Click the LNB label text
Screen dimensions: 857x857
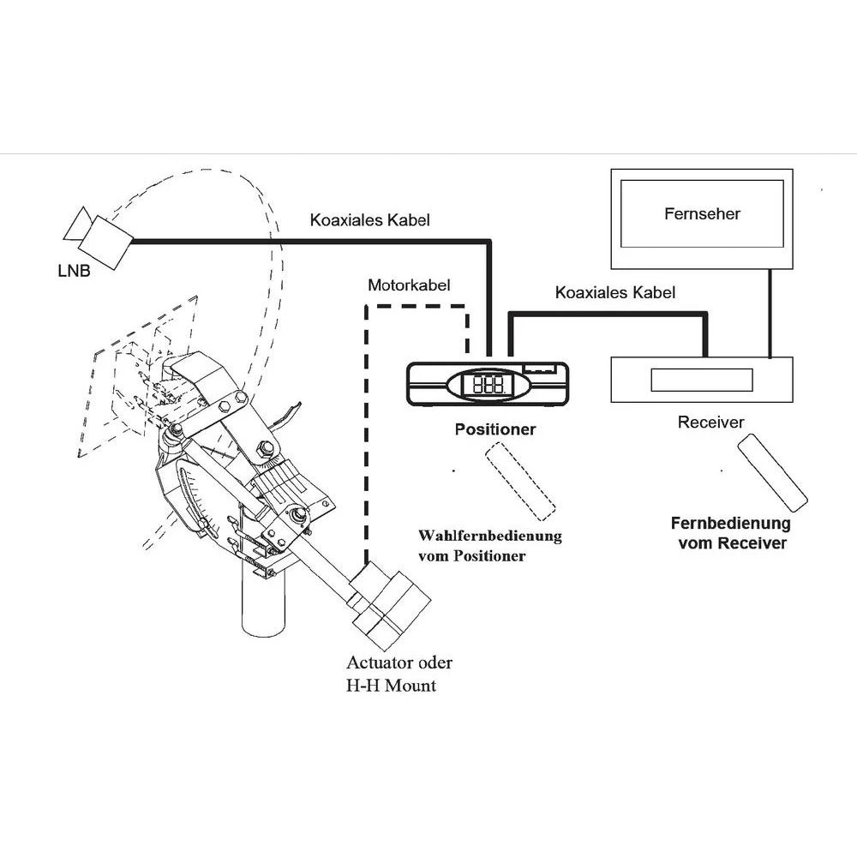(x=74, y=271)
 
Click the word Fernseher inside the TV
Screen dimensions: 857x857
(x=702, y=213)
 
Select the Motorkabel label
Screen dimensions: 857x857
(x=409, y=285)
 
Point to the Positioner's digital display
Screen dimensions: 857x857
(x=488, y=385)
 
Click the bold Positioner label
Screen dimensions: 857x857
(x=495, y=429)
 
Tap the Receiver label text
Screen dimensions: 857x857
(x=710, y=422)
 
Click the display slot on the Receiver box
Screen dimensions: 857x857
(x=702, y=380)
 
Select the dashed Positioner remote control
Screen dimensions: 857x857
(x=520, y=481)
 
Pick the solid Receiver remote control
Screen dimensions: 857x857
(x=772, y=472)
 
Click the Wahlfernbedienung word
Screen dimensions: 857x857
(x=489, y=536)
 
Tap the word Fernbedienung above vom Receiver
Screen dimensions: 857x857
(x=731, y=524)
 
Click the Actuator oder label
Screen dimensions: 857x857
(x=399, y=662)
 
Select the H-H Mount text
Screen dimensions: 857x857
(x=392, y=686)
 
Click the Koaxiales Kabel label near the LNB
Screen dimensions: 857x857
(x=370, y=220)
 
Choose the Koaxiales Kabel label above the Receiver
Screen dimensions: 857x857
(x=615, y=293)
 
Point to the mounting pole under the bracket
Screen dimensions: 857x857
(x=263, y=602)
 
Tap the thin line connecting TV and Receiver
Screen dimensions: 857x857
(x=770, y=314)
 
